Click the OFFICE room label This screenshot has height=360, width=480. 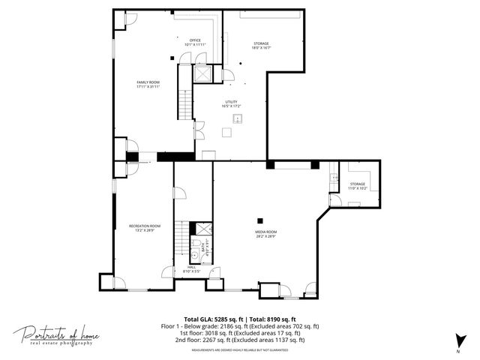[195, 42]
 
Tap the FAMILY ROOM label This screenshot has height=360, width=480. [148, 84]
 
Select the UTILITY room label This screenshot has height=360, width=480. [231, 103]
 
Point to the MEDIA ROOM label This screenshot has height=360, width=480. [266, 233]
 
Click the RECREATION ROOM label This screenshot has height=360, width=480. [145, 228]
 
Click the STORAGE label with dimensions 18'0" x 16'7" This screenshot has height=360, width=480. [261, 46]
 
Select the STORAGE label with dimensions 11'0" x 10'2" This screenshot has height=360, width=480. [357, 186]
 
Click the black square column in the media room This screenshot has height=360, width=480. [259, 220]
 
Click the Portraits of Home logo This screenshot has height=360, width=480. [57, 335]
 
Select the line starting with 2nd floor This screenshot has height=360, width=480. [240, 340]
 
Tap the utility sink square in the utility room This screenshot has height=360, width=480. [226, 131]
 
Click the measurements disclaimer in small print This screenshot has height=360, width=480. [240, 349]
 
